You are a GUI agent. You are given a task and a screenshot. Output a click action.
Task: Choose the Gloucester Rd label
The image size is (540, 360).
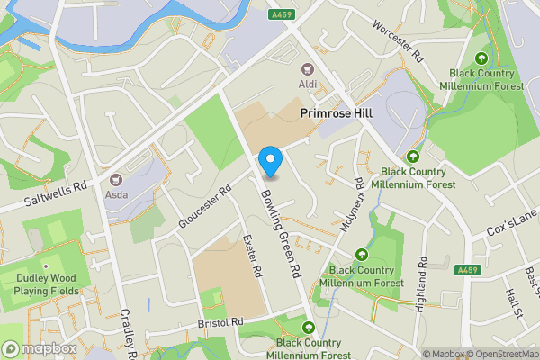tap(205, 206)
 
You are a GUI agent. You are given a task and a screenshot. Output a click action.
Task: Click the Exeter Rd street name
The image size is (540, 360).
tap(252, 256)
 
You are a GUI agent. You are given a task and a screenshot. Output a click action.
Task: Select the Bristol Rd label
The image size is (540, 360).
tap(220, 322)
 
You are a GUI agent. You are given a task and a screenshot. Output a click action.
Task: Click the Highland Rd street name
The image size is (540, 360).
tap(422, 280)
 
